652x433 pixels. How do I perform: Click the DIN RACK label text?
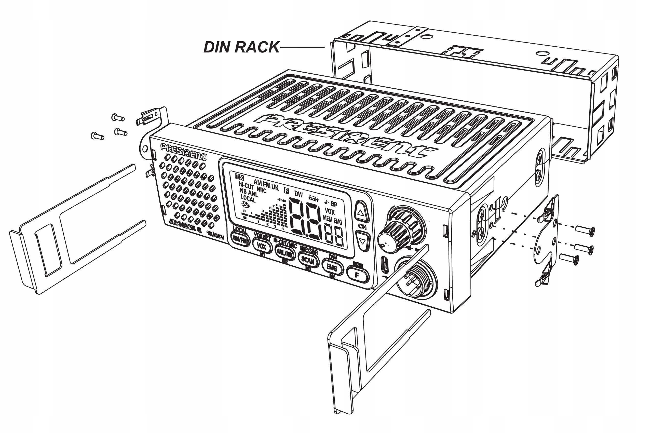pos(241,47)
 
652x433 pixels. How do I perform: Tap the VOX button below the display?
pos(261,245)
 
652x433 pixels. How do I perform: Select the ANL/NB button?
pos(285,252)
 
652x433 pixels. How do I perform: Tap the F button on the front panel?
pos(357,275)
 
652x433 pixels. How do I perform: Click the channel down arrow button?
pos(362,241)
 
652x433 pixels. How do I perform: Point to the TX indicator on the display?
pos(240,177)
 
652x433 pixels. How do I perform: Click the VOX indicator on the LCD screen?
pos(330,212)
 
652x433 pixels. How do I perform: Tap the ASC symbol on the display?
pos(245,205)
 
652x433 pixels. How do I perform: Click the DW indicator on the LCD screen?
pos(298,194)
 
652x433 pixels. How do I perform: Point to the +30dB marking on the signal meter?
pos(281,200)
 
